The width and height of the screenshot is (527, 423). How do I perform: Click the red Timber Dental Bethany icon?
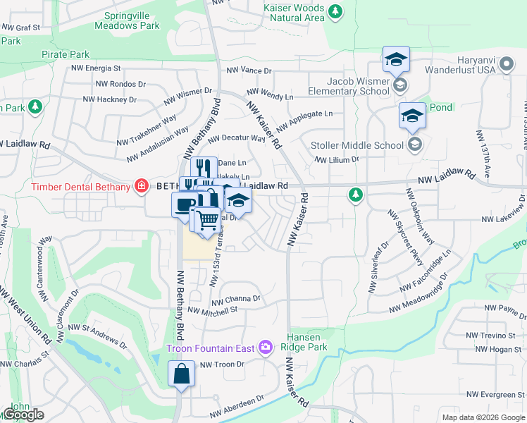141,187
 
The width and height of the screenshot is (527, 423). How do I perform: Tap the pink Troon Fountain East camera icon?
265,346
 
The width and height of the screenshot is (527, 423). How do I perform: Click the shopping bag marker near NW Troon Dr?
181,374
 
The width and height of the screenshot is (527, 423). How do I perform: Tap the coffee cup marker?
185,205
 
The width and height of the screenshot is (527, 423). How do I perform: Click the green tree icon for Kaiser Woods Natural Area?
336,11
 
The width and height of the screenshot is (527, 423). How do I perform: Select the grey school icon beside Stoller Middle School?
414,145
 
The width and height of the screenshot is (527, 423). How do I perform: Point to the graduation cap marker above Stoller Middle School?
412,115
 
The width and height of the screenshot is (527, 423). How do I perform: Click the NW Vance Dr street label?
249,71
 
